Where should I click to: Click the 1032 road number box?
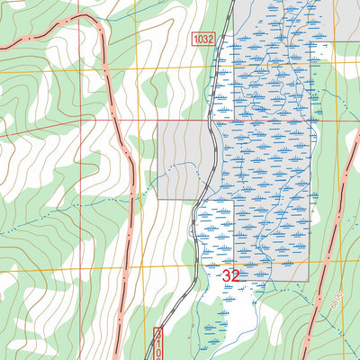204,39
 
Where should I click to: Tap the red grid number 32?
230,275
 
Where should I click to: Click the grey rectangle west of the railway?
184,160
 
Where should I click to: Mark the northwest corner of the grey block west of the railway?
157,121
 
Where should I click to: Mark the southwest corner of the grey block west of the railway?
157,199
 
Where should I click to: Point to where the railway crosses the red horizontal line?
213,121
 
